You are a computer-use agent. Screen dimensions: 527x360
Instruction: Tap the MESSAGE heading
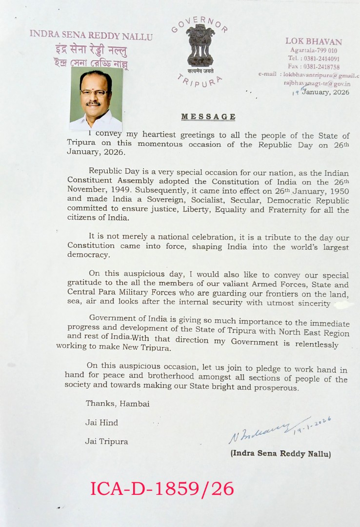pos(208,117)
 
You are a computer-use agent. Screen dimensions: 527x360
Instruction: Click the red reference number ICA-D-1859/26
pos(162,488)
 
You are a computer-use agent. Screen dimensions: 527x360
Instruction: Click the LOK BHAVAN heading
pos(314,41)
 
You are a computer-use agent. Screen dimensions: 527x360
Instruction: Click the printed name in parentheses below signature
pos(280,454)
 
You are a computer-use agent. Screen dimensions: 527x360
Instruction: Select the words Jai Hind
pos(101,423)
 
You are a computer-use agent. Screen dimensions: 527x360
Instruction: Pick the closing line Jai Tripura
pos(106,442)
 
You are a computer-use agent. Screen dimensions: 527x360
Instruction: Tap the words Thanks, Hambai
pos(118,404)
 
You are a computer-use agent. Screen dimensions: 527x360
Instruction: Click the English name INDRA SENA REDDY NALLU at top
pos(91,36)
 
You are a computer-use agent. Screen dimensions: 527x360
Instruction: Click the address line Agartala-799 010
pos(313,50)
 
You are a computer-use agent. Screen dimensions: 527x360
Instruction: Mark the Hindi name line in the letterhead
pos(91,50)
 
